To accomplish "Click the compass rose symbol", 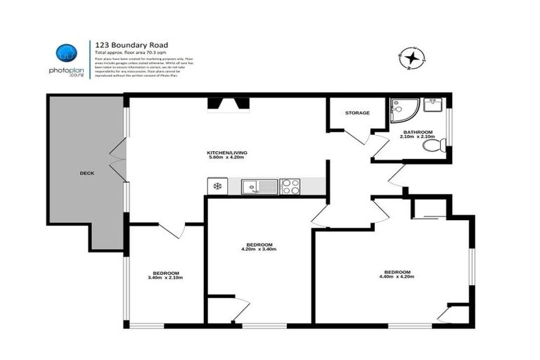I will click(412, 57).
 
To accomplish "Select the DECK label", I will click(86, 172).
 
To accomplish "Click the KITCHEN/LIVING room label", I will click(226, 153).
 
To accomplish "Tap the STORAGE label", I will click(357, 112).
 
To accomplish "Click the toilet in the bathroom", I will click(437, 146).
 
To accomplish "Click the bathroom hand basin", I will click(435, 105).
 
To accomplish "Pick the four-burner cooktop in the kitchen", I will click(290, 186).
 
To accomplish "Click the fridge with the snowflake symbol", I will click(217, 186).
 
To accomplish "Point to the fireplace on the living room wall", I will click(228, 105).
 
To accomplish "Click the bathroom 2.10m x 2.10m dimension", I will click(418, 136).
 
